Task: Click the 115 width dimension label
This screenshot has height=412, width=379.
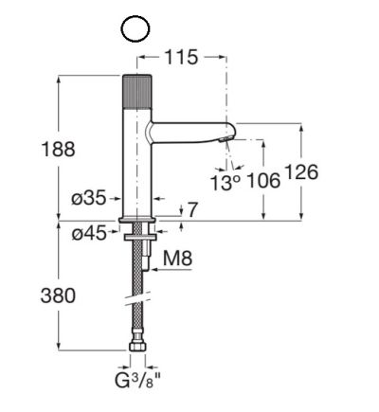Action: pyautogui.click(x=182, y=58)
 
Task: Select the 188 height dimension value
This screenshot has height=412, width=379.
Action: pyautogui.click(x=59, y=149)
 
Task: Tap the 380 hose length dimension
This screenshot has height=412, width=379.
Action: pyautogui.click(x=58, y=296)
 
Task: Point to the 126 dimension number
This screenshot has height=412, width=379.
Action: pyautogui.click(x=301, y=172)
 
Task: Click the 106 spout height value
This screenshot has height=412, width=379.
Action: pyautogui.click(x=263, y=181)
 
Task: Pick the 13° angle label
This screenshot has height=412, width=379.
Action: pyautogui.click(x=226, y=183)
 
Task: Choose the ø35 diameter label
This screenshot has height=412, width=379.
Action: pyautogui.click(x=89, y=198)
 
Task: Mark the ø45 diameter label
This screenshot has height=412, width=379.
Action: pyautogui.click(x=89, y=234)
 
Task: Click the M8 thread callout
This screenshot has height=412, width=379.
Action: pyautogui.click(x=177, y=259)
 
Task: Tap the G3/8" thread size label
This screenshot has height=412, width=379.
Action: pyautogui.click(x=137, y=381)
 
